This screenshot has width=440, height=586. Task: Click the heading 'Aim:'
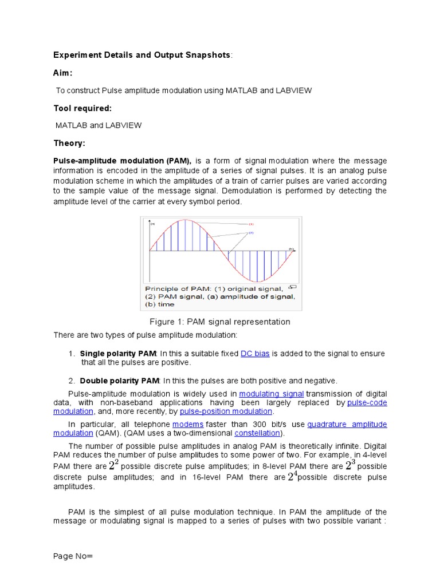click(63, 73)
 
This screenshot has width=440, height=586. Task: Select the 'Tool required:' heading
click(82, 108)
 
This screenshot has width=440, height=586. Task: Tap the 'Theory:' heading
click(69, 143)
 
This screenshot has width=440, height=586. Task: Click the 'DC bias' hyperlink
click(255, 354)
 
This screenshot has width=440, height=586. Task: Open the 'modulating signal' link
click(272, 394)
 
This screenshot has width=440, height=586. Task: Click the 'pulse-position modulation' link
click(226, 411)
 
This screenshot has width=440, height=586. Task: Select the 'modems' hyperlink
click(188, 424)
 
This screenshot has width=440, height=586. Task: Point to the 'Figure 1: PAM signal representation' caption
click(220, 322)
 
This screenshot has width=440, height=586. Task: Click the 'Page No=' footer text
click(73, 556)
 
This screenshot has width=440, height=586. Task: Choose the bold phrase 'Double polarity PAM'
click(119, 381)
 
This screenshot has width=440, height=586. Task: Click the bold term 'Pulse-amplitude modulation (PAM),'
click(122, 161)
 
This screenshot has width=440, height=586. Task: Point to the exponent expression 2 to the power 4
click(292, 476)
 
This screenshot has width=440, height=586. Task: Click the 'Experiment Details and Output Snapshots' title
click(142, 55)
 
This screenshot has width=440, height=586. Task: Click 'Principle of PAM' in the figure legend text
click(172, 288)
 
